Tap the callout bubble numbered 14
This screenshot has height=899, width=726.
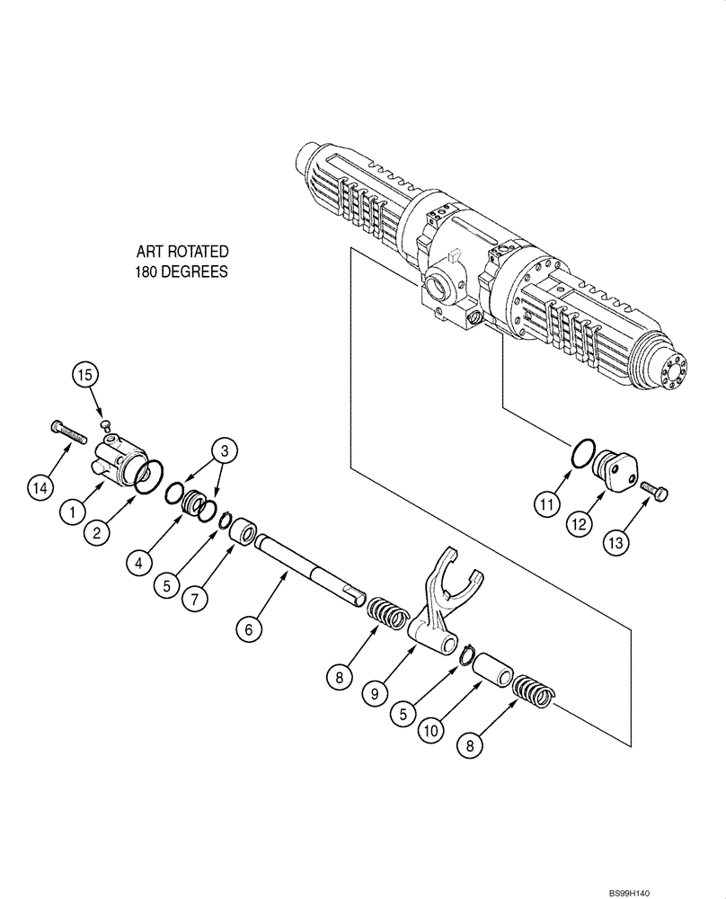(x=39, y=489)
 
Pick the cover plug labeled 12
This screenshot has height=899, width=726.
(x=616, y=468)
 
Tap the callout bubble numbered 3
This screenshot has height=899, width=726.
(x=226, y=452)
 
